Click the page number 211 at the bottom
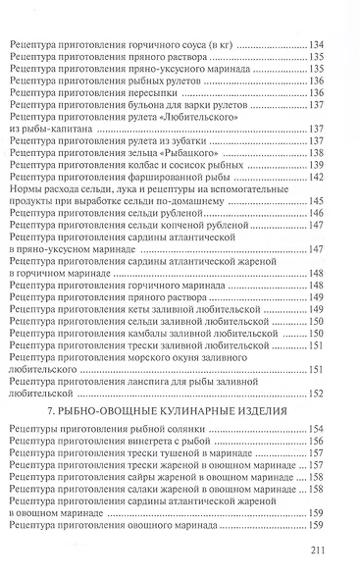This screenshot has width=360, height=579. (x=337, y=553)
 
